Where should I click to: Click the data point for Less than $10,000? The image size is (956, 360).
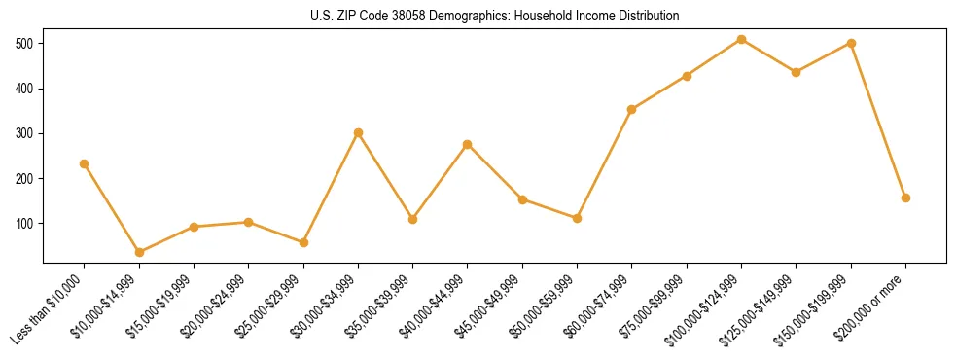[85, 163]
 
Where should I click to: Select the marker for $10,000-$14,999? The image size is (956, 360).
[139, 252]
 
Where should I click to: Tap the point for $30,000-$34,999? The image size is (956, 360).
[358, 132]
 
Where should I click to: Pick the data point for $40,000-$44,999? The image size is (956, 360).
[468, 144]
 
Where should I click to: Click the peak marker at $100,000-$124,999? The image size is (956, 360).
[741, 39]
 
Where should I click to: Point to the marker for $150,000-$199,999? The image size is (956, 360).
[851, 43]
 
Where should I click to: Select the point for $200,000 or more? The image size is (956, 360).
[905, 198]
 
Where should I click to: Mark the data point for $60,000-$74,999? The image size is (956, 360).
[632, 109]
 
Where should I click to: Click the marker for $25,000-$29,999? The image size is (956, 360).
[303, 242]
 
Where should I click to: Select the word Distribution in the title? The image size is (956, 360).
[647, 17]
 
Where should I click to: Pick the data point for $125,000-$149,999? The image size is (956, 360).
[796, 72]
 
